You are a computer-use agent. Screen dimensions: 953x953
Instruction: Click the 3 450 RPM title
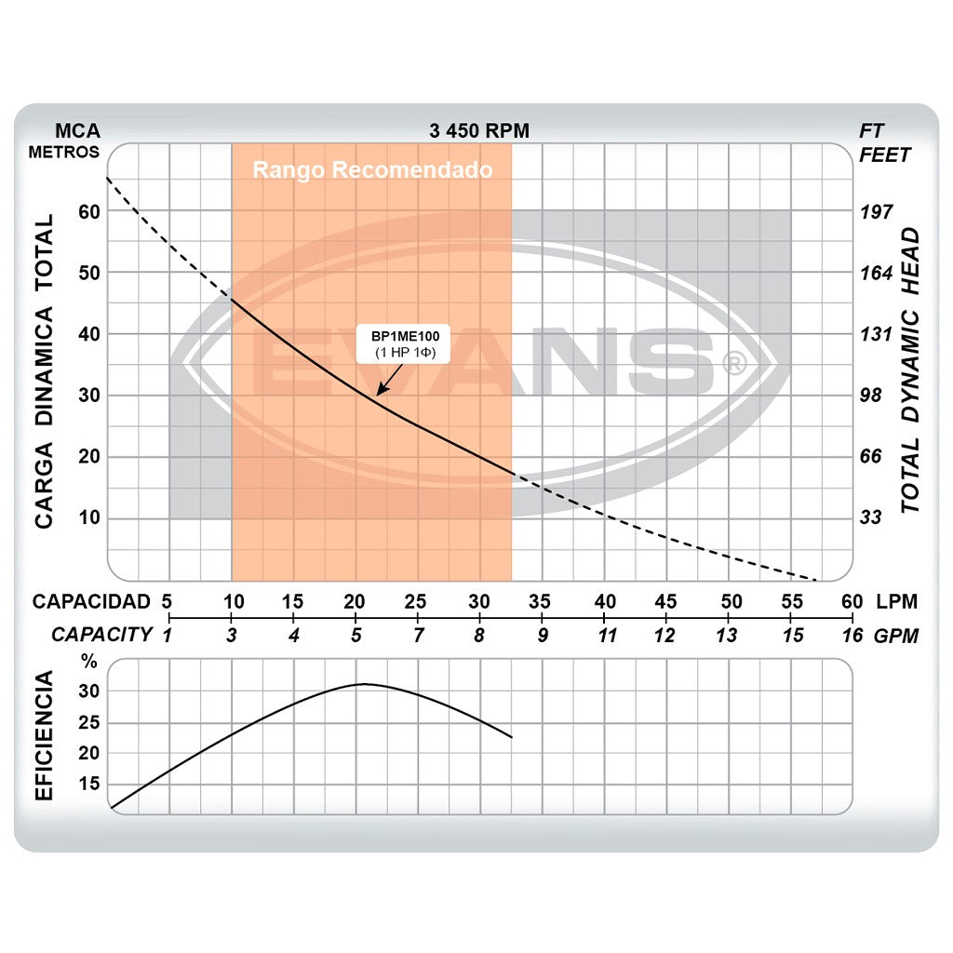pos(479,131)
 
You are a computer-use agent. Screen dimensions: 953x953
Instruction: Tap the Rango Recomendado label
pos(372,171)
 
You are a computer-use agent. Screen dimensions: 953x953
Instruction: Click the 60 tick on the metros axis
pos(87,211)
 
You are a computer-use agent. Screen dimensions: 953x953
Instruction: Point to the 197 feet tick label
pos(875,211)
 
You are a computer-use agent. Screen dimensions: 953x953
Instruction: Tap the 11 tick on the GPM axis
pos(608,637)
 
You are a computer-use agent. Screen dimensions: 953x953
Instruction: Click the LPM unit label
pos(896,601)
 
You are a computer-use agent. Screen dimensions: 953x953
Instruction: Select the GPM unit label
pos(896,637)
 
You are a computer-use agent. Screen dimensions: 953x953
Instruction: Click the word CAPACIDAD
pos(91,601)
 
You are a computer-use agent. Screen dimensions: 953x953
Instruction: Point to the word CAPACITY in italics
pos(101,636)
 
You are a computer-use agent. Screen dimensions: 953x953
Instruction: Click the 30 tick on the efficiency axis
pos(88,691)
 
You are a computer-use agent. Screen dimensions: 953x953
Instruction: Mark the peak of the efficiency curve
pos(364,684)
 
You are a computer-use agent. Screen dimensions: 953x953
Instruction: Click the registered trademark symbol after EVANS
pos(734,363)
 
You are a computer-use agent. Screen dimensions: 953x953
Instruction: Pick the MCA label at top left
pos(77,131)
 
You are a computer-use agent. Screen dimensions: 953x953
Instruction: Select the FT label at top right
pos(872,131)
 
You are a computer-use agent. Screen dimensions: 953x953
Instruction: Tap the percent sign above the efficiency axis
pos(89,663)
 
